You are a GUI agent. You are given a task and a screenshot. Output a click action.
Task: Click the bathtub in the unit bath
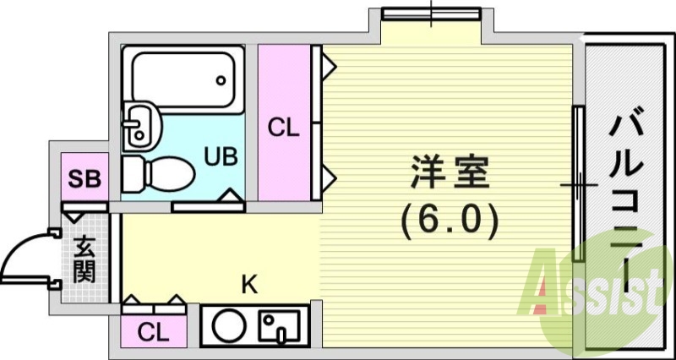point(183,80)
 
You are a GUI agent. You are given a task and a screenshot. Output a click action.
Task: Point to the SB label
point(84,178)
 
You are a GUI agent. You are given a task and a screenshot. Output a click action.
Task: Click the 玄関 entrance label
point(84,259)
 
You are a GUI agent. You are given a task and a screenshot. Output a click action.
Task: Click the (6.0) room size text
point(449,221)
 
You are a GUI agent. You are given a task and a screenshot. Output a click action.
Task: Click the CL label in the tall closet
point(284,128)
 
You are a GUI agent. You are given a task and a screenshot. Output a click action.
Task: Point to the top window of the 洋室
point(430,13)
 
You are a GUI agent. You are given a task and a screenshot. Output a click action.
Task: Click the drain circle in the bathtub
point(221,82)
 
